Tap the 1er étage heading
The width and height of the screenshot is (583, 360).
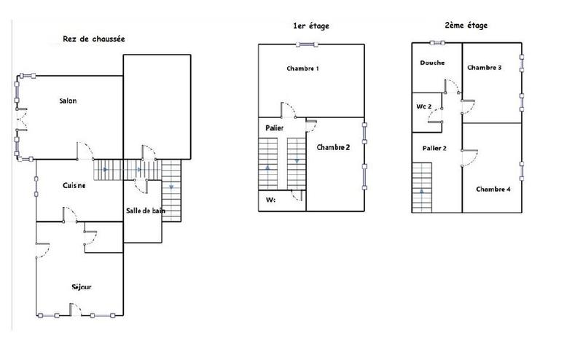tap(310, 26)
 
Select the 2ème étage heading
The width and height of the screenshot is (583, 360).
tap(466, 26)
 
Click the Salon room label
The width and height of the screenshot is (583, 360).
tap(68, 101)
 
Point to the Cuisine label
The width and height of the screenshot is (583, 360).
tap(74, 185)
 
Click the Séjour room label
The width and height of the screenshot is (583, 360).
tap(82, 286)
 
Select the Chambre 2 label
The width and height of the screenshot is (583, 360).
tap(333, 147)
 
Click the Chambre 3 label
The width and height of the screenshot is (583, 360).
tap(484, 68)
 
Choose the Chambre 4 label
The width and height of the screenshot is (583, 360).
tap(493, 189)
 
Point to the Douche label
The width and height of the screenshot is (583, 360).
tap(432, 63)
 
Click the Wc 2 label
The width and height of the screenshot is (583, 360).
tap(424, 107)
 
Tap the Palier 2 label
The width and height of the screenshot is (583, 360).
tap(434, 148)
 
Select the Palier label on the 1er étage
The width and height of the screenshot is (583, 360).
tap(274, 128)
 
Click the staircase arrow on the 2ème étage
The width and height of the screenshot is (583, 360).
tap(422, 193)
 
